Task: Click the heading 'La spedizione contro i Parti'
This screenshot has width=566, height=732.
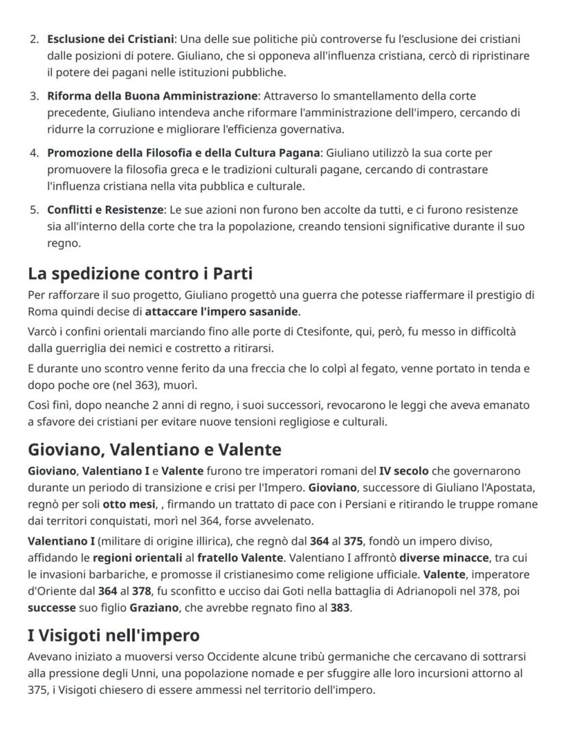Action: (x=140, y=274)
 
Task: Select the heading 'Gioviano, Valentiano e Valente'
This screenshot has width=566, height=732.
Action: (x=154, y=450)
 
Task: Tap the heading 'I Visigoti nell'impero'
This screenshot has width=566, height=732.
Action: (x=113, y=636)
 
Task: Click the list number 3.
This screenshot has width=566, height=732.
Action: (x=35, y=96)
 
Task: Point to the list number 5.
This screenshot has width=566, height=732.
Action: (x=35, y=210)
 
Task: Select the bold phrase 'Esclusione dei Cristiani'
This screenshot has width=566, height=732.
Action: (x=111, y=38)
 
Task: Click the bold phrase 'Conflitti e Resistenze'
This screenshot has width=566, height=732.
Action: (x=105, y=210)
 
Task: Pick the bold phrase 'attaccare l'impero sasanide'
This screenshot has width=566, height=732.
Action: (x=222, y=312)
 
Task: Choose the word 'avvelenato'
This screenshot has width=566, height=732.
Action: (x=285, y=521)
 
